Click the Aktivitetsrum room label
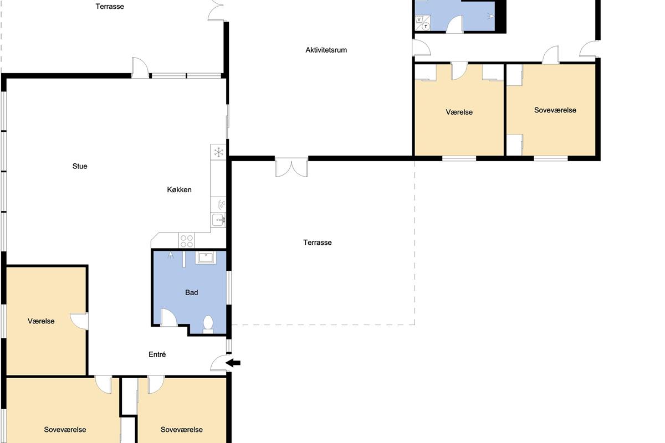click(x=326, y=50)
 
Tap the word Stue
click(x=80, y=166)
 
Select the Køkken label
click(x=179, y=189)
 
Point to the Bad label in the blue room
click(x=192, y=292)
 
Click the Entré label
click(x=157, y=354)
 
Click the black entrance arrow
click(x=233, y=363)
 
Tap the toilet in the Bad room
click(x=208, y=324)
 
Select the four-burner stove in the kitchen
click(x=186, y=241)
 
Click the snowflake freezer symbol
click(x=218, y=152)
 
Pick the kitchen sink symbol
click(x=218, y=220)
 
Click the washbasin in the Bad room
click(x=206, y=257)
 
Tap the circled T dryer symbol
click(x=426, y=27)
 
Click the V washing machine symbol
click(x=419, y=19)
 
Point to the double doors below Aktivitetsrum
click(x=291, y=168)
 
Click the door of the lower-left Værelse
click(x=79, y=321)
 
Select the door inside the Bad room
click(x=168, y=317)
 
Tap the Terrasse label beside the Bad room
click(x=318, y=243)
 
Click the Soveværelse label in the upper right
click(x=555, y=110)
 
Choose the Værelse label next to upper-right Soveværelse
click(x=459, y=112)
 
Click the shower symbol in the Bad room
click(x=171, y=255)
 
